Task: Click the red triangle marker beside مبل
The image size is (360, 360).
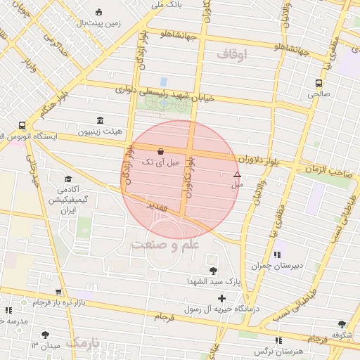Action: (237, 175)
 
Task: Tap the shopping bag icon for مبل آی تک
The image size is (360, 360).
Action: (161, 150)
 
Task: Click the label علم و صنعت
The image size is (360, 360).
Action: (165, 244)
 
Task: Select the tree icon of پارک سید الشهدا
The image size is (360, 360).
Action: (213, 271)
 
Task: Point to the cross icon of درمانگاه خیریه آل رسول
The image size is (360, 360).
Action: (221, 299)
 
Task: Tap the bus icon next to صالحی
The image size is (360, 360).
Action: (319, 82)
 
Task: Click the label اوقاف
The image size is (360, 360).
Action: (233, 54)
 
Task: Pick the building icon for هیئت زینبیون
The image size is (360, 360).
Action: (99, 120)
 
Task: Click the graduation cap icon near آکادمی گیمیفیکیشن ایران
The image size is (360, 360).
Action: (68, 179)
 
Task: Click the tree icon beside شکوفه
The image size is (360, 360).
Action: (342, 324)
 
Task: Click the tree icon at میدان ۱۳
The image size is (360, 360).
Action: (46, 335)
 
